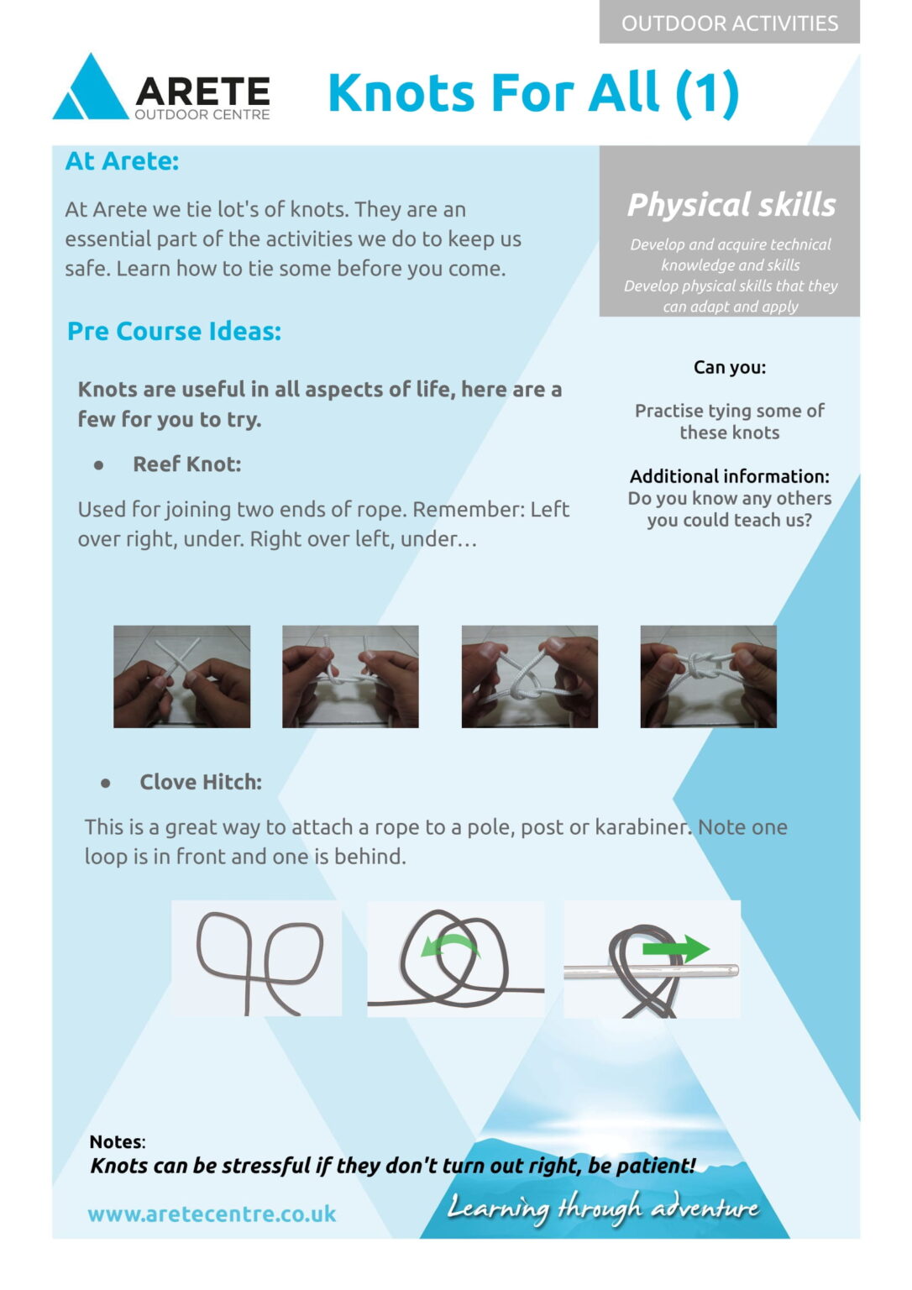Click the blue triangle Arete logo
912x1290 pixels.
[x=91, y=89]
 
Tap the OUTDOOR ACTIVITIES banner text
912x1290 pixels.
[x=730, y=24]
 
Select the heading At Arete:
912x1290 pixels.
[x=122, y=161]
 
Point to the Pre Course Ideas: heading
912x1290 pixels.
[x=174, y=332]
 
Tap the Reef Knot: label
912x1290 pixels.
[x=187, y=464]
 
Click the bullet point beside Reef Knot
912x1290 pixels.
[x=99, y=465]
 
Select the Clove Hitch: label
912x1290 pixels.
[x=201, y=782]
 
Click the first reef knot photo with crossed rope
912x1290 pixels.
[x=182, y=677]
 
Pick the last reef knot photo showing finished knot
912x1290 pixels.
[x=708, y=677]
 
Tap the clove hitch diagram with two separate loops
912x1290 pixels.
[x=257, y=959]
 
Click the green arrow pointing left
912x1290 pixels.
[x=450, y=945]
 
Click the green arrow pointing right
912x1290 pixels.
[x=676, y=948]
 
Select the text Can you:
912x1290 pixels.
[x=730, y=367]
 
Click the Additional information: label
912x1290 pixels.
[x=730, y=476]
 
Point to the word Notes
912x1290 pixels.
[x=116, y=1141]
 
